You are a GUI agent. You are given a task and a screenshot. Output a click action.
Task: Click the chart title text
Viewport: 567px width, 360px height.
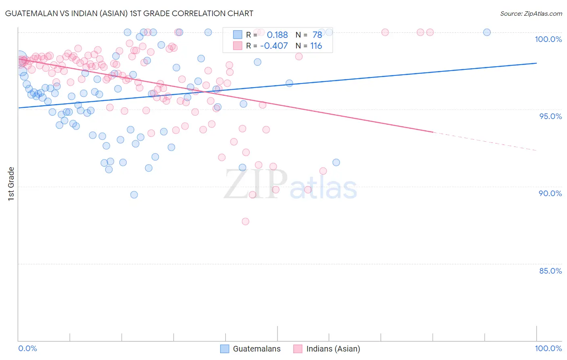129,13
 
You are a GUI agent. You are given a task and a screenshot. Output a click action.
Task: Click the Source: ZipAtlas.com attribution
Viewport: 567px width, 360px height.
531,13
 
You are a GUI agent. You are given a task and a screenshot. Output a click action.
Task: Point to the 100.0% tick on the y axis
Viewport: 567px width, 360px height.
548,39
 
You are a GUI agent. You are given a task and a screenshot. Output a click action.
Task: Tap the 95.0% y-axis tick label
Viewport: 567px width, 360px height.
550,116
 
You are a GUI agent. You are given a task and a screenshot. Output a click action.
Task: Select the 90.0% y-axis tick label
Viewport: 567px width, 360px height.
550,193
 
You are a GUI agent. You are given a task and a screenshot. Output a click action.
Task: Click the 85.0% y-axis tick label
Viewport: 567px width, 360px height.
550,271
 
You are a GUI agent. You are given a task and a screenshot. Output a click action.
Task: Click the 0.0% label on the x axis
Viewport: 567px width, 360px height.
27,348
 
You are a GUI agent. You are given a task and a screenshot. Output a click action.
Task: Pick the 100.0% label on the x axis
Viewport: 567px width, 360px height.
548,348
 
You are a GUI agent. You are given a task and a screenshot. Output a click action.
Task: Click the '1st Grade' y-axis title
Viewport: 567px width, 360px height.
11,184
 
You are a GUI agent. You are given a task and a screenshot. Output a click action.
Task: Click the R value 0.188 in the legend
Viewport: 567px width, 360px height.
277,35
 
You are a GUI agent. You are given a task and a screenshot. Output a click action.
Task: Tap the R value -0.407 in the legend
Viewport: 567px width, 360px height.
274,46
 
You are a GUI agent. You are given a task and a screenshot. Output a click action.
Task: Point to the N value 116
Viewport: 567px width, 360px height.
316,46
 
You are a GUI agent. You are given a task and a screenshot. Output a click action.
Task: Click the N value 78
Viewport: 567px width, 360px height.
317,35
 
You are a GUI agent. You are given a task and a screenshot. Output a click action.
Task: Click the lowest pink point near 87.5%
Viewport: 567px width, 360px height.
245,222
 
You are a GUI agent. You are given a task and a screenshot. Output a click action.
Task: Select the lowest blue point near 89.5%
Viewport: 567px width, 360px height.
134,195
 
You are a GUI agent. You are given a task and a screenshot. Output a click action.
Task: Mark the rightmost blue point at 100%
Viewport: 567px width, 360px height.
487,32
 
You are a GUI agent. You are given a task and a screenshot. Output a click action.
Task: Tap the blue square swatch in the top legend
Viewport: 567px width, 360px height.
238,35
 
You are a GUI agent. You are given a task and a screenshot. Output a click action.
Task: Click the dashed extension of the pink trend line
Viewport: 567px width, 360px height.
484,141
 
